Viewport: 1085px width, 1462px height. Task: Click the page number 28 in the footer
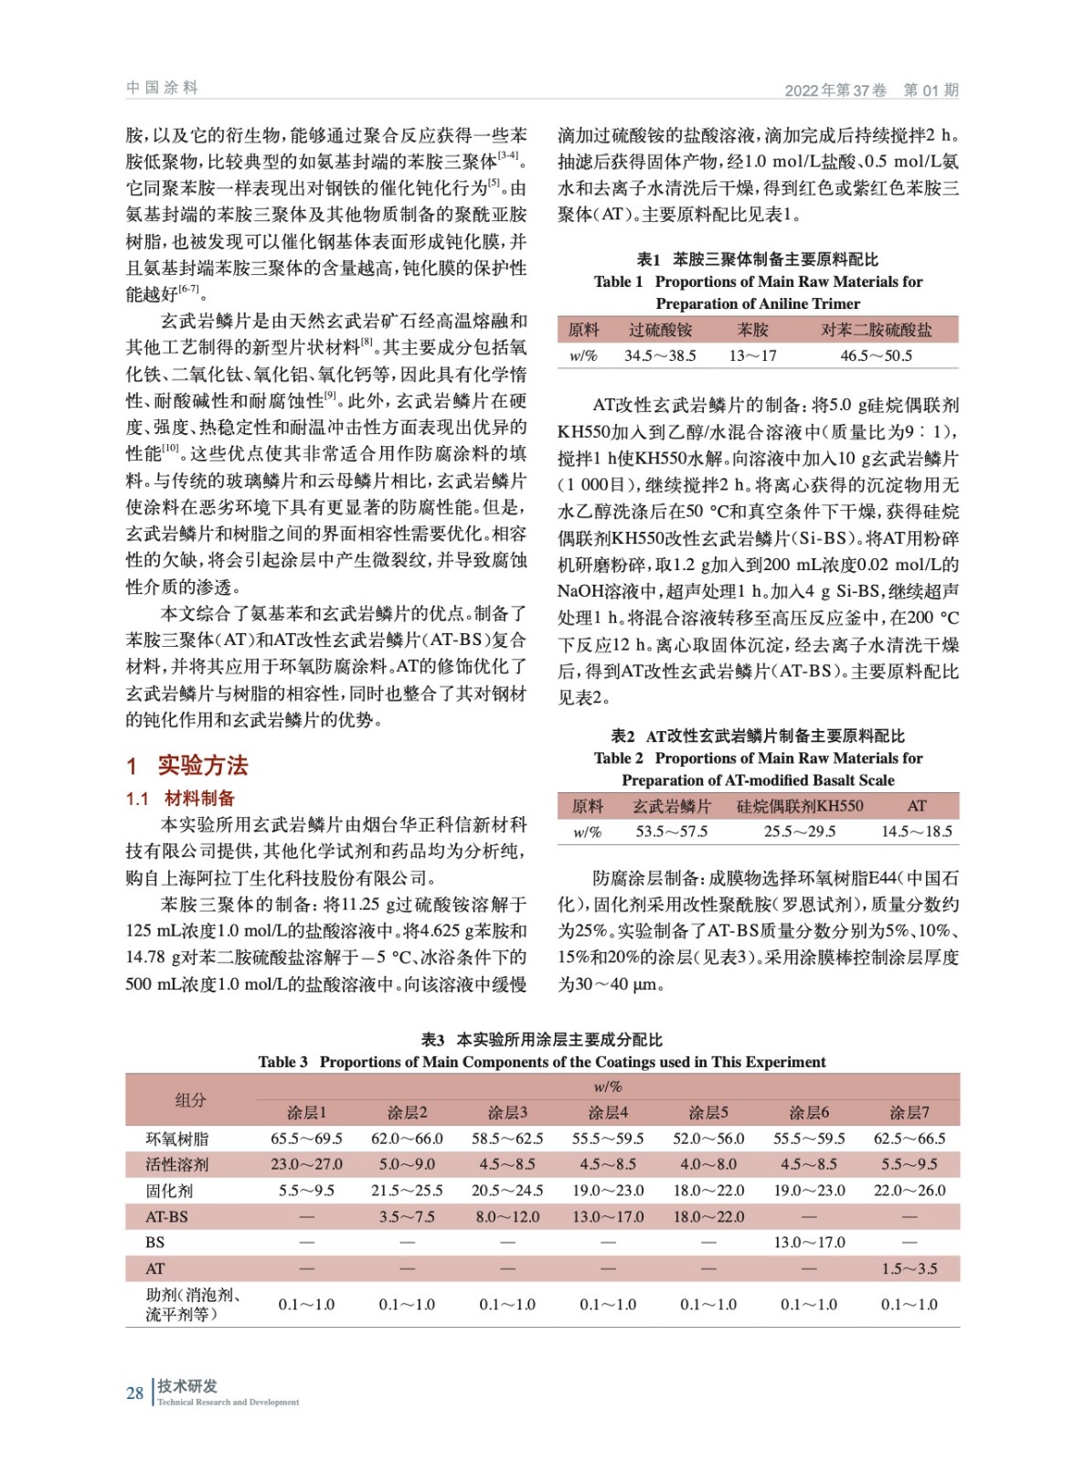tap(134, 1393)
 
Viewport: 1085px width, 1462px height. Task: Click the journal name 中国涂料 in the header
tap(162, 88)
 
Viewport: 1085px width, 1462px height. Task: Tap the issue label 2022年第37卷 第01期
tap(871, 90)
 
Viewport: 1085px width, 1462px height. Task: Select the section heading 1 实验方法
tap(187, 765)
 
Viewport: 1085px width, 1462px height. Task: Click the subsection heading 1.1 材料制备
tap(180, 798)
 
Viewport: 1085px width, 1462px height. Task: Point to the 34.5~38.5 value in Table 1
tap(660, 355)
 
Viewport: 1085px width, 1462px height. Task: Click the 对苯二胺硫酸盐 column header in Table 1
tap(876, 330)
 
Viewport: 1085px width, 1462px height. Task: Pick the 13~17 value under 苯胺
tap(752, 355)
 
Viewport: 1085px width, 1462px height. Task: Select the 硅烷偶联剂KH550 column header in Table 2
tap(799, 806)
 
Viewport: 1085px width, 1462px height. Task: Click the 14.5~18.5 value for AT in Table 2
tap(916, 832)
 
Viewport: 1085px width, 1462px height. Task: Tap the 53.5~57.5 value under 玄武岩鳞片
tap(671, 832)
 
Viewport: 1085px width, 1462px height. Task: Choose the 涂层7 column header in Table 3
tap(909, 1112)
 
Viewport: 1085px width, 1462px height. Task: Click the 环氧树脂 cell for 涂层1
tap(306, 1139)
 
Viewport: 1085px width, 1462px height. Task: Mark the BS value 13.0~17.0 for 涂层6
tap(809, 1242)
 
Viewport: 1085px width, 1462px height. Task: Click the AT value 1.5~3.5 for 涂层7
tap(909, 1268)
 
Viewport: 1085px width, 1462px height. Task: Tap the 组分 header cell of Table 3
tap(190, 1099)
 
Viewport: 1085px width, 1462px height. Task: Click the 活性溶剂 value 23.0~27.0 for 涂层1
tap(306, 1164)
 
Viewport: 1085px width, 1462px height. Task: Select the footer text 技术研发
tap(187, 1385)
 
